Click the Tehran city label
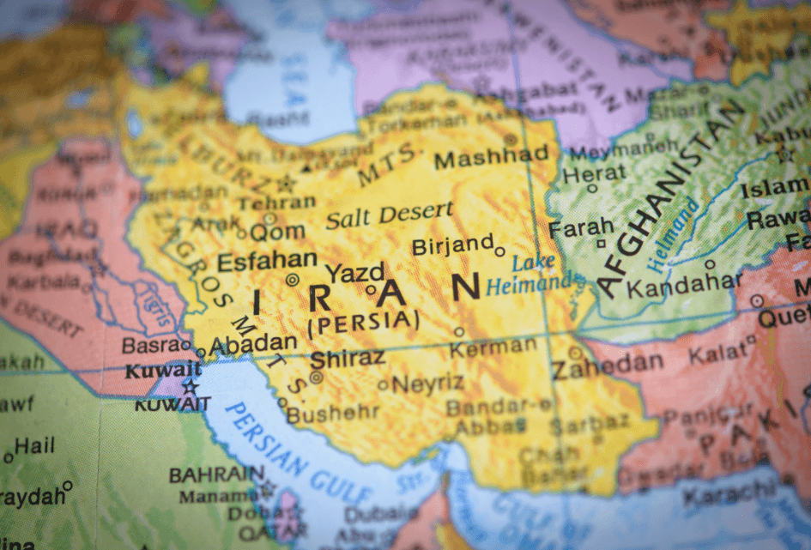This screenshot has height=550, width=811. tap(276, 203)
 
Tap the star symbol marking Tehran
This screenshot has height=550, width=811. tap(286, 183)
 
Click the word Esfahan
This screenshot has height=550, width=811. tap(267, 261)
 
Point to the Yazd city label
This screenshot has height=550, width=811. tap(354, 273)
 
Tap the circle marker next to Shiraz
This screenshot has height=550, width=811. tap(317, 377)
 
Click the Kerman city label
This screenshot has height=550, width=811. tap(493, 347)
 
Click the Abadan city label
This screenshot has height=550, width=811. tap(253, 343)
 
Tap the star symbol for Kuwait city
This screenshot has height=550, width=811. tap(190, 387)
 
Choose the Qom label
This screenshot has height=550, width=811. tap(277, 231)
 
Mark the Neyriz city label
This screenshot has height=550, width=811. tap(427, 384)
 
